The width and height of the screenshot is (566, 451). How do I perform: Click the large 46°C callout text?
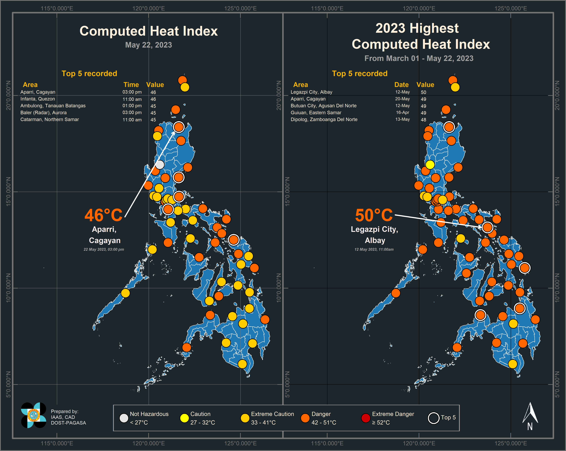(x=103, y=215)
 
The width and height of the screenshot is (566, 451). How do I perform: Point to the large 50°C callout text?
(x=374, y=215)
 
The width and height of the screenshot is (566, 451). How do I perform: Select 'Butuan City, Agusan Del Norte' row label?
(x=323, y=106)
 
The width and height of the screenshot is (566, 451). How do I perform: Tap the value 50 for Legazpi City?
(x=423, y=92)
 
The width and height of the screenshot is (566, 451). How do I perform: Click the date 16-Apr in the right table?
(x=402, y=113)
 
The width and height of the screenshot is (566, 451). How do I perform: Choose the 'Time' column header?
(x=131, y=85)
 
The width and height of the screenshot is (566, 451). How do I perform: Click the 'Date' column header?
(x=401, y=85)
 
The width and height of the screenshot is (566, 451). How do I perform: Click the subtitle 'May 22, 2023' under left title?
(x=149, y=45)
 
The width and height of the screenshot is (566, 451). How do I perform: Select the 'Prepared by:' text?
(x=65, y=411)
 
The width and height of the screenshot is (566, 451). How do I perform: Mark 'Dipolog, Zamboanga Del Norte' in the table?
(x=324, y=119)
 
